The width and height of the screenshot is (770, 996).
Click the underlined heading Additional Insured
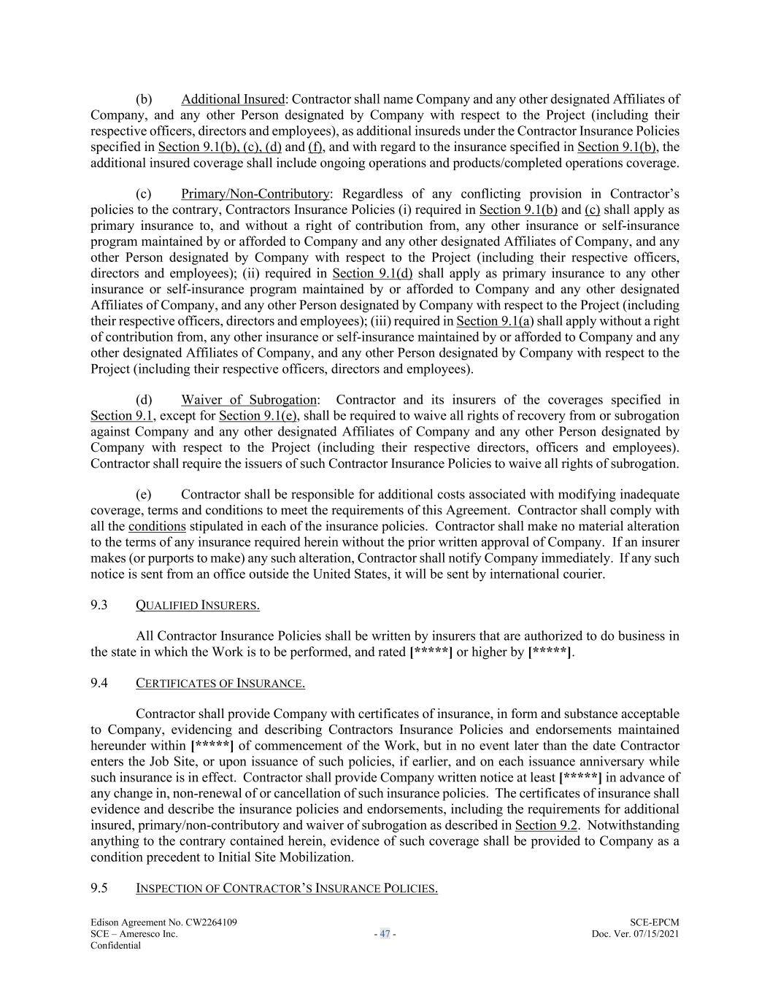[232, 99]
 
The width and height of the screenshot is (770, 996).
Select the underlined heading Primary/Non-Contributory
[255, 194]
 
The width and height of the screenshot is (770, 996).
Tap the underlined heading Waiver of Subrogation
[249, 400]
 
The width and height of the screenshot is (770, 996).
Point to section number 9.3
[99, 605]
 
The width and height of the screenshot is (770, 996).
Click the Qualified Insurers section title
[198, 606]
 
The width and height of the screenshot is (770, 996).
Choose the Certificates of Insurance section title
[220, 684]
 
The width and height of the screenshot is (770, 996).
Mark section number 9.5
[99, 888]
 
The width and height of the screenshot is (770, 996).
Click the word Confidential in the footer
[115, 946]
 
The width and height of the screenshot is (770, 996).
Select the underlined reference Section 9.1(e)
[258, 416]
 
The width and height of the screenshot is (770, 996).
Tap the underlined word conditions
[157, 527]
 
